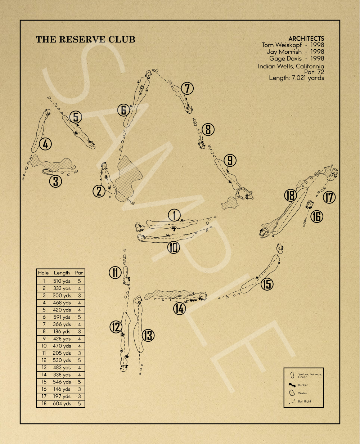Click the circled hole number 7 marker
coord(187,88)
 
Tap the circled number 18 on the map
coord(291,195)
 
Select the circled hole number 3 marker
coord(56,181)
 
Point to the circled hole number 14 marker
coord(180,309)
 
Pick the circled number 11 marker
coord(115,273)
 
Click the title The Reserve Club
coord(85,40)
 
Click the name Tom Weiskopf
coord(282,45)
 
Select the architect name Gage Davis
coord(285,58)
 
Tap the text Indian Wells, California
coord(291,66)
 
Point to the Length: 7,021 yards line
coord(296,78)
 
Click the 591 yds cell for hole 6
coord(62,317)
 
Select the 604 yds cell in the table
coord(62,403)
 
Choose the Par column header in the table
coord(79,273)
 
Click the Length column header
coord(62,273)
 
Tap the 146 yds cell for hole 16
coord(62,389)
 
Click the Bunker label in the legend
coord(303,385)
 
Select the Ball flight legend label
coord(304,401)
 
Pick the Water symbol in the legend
coord(292,393)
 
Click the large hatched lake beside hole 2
coord(127,179)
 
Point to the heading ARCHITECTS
coord(306,39)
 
